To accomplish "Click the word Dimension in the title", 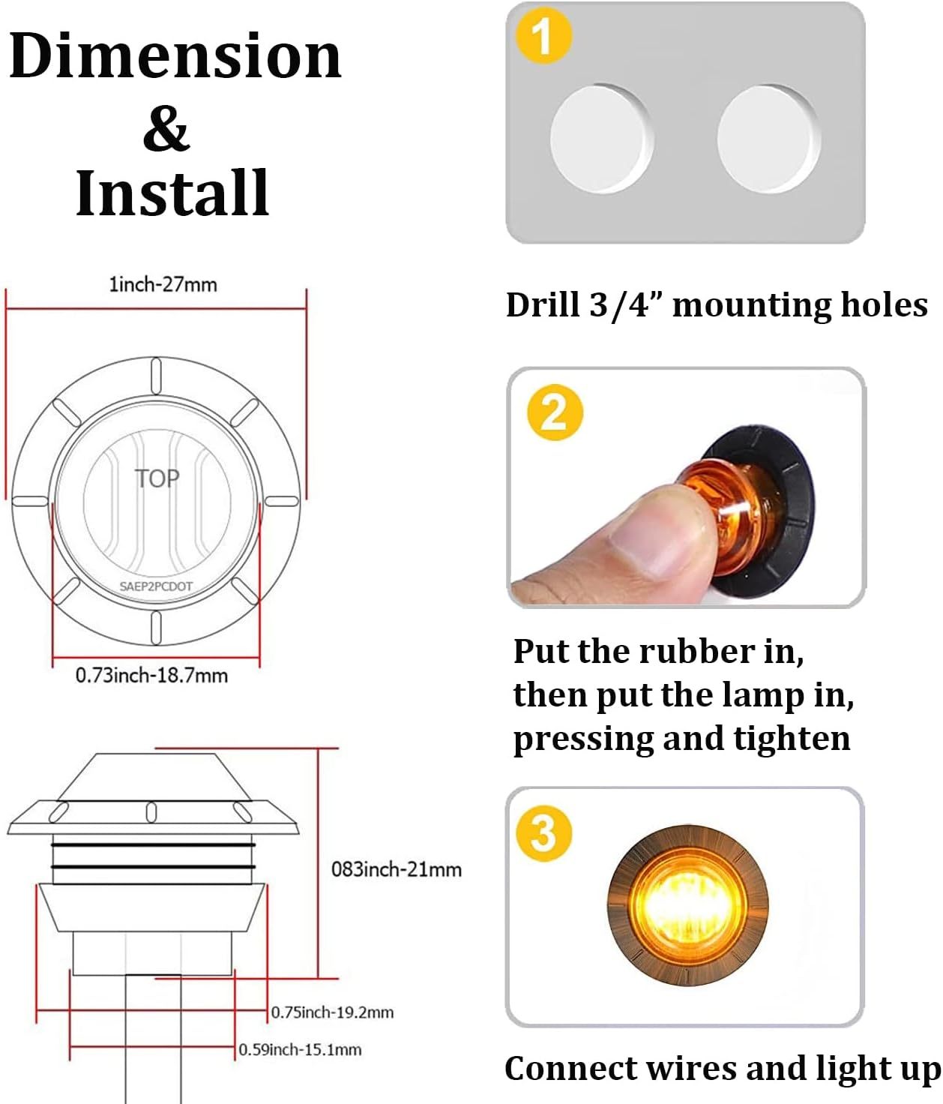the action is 175,55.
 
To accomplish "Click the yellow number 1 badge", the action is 543,37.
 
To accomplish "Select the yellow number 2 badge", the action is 555,412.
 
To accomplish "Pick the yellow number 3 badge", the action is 544,834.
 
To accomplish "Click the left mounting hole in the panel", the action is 602,139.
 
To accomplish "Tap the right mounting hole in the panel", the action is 769,139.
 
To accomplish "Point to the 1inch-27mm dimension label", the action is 163,285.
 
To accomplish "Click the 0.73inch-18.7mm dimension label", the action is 151,676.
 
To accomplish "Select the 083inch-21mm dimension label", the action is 397,869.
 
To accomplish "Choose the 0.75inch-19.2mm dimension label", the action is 332,1012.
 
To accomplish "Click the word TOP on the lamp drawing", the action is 157,479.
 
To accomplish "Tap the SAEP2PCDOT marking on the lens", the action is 155,586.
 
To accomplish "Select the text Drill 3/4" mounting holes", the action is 717,305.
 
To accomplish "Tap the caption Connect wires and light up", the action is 723,1068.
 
